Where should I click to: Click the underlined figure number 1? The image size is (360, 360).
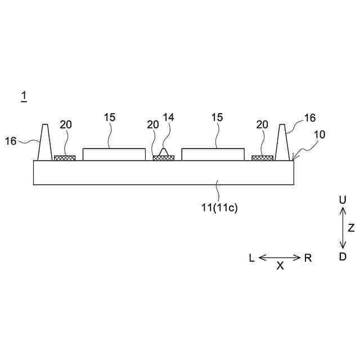(24, 97)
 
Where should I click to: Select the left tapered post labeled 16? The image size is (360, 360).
(44, 144)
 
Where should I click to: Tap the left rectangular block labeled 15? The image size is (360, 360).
(114, 154)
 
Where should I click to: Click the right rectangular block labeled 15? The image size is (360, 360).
(213, 154)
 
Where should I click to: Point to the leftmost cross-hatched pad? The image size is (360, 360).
(65, 158)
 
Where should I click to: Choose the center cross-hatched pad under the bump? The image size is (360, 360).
(164, 158)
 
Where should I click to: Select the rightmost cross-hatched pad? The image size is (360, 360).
(262, 158)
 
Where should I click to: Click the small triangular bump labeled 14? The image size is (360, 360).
(164, 152)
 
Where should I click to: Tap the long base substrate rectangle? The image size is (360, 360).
(163, 172)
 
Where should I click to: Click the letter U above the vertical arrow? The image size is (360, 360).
(342, 200)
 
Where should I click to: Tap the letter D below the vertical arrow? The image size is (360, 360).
(342, 256)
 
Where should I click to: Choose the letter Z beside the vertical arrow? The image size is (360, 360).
(352, 228)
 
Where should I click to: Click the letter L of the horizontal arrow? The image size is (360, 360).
(251, 258)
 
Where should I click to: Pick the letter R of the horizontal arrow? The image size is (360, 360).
(308, 258)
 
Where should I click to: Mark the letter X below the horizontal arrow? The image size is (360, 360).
(280, 267)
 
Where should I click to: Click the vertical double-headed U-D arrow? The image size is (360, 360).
(342, 228)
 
